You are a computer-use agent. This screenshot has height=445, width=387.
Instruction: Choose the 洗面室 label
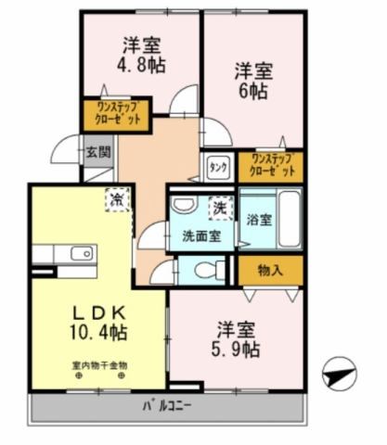[x=200, y=235]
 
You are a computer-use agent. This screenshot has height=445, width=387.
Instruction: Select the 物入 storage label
[x=269, y=270]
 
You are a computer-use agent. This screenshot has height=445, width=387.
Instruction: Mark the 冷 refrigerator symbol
[x=118, y=197]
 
